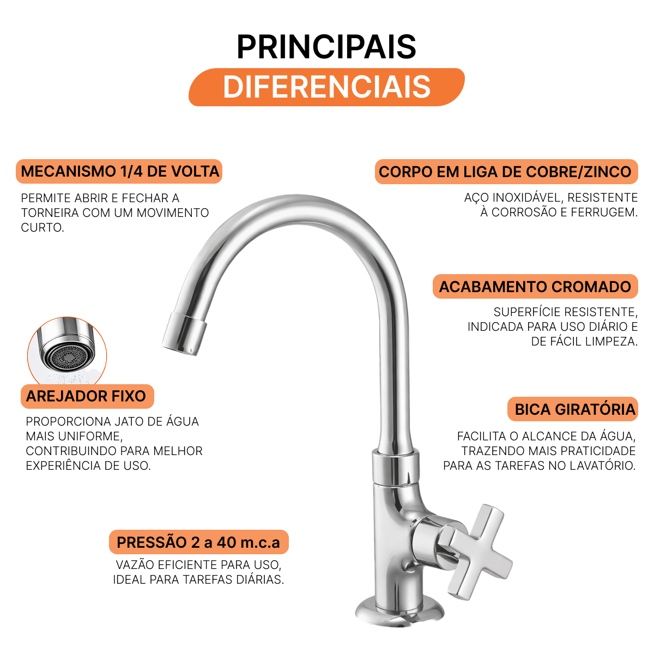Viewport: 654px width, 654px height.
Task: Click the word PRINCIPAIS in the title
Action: (x=326, y=47)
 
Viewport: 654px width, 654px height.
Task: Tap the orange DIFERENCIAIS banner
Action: (x=326, y=87)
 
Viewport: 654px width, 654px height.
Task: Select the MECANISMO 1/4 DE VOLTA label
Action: (x=119, y=171)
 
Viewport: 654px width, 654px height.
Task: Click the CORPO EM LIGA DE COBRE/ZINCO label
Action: (x=506, y=172)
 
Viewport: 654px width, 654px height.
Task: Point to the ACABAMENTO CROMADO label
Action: (x=535, y=287)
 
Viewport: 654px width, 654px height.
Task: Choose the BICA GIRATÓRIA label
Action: (x=573, y=409)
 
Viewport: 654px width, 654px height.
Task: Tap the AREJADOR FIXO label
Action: (x=87, y=396)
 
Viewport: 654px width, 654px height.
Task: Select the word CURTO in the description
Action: (x=43, y=227)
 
